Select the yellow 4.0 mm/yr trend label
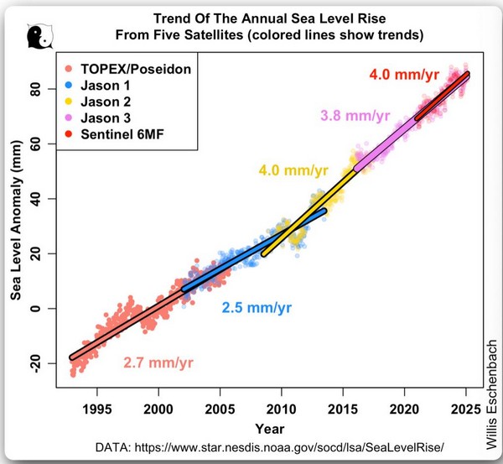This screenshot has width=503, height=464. click(x=293, y=171)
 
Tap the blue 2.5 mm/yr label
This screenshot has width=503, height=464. click(x=257, y=308)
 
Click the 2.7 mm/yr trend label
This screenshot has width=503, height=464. click(x=158, y=363)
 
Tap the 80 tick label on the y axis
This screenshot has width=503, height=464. click(x=35, y=89)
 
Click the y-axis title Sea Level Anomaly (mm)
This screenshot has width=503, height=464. click(x=16, y=227)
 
